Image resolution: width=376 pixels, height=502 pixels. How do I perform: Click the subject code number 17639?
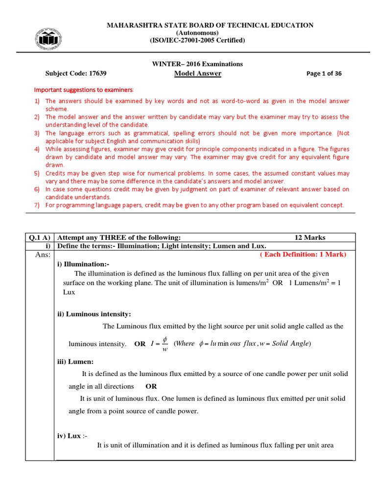click(95, 74)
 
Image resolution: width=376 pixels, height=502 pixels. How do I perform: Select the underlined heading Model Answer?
click(198, 74)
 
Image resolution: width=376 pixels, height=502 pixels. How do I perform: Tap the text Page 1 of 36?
click(324, 74)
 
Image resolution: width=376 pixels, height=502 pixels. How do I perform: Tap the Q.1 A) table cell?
click(40, 237)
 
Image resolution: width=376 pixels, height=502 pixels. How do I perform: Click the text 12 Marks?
click(309, 237)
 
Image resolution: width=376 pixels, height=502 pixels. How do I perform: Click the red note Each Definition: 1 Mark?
click(303, 254)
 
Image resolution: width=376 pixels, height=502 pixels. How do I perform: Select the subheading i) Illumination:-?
click(83, 264)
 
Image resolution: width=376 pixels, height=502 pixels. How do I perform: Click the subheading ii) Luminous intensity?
click(94, 314)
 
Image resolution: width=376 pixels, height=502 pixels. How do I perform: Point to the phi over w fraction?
click(164, 343)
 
